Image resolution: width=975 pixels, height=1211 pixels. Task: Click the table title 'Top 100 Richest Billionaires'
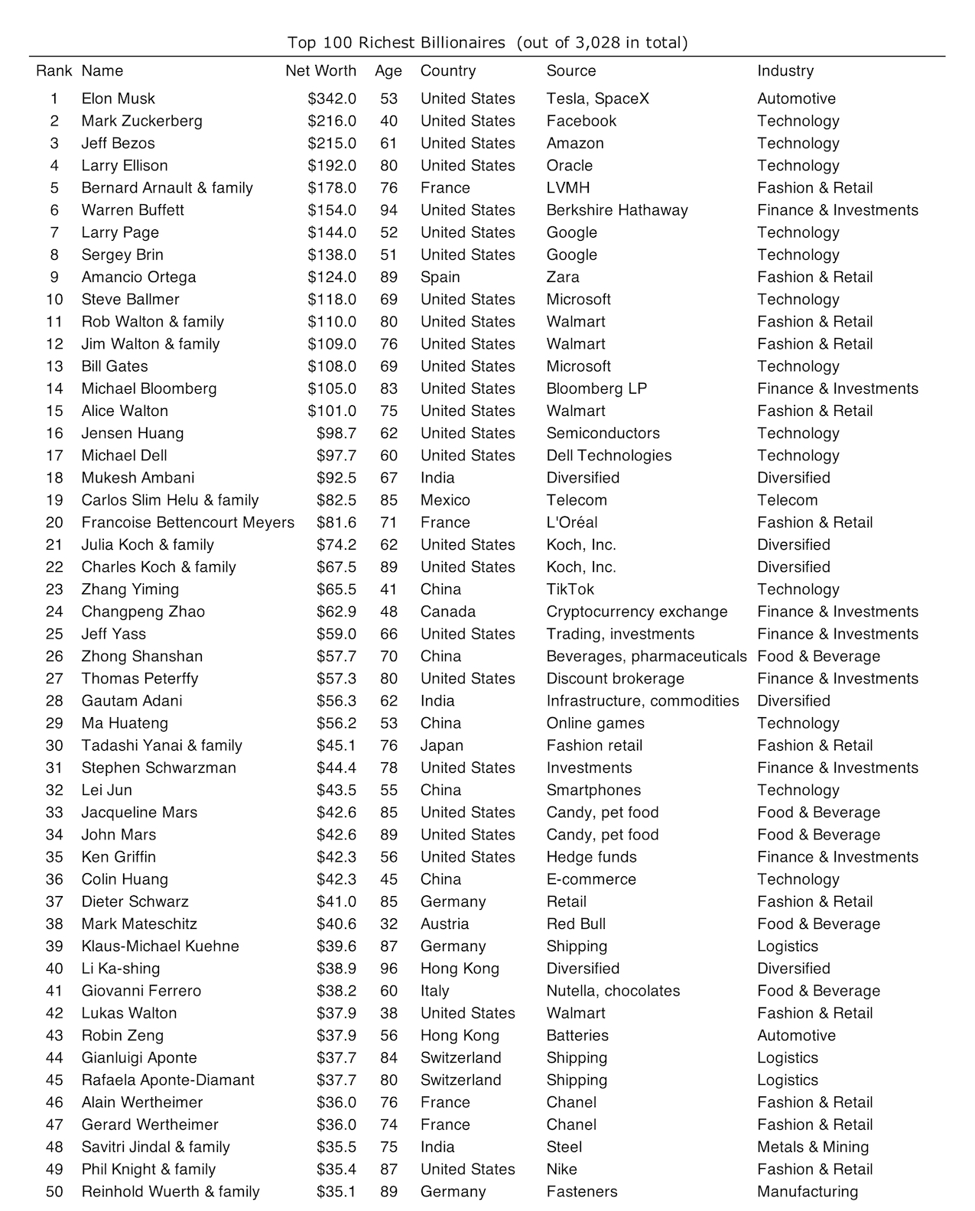tap(396, 43)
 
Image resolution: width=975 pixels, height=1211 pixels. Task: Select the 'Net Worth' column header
tap(320, 71)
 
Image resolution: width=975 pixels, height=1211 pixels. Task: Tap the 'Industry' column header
tap(785, 71)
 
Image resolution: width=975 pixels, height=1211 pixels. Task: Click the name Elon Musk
tap(119, 99)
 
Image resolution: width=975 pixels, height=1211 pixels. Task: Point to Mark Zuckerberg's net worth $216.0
tap(332, 121)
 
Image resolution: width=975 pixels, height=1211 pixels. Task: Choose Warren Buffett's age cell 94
tap(388, 210)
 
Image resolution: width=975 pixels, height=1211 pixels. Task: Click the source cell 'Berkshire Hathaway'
tap(617, 210)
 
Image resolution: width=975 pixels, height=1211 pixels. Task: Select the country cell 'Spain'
tap(440, 277)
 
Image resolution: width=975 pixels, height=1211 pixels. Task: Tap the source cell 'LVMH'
tap(568, 188)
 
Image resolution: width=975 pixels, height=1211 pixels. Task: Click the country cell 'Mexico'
tap(445, 500)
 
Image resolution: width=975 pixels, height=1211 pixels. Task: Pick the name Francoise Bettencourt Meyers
tap(188, 522)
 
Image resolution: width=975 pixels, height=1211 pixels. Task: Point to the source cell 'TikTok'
tap(570, 589)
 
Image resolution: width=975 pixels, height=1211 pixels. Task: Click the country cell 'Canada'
tap(448, 612)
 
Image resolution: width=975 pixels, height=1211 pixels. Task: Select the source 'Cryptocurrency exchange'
tap(637, 612)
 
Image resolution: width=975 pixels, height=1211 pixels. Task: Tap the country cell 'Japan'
tap(442, 745)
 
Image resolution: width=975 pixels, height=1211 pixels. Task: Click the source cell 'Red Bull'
tap(576, 924)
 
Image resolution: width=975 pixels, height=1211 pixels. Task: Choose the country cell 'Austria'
tap(444, 924)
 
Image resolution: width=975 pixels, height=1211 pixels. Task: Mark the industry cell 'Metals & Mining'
tap(813, 1147)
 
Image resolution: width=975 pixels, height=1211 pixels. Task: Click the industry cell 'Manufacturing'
tap(808, 1191)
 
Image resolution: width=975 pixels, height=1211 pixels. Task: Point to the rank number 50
tap(54, 1191)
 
